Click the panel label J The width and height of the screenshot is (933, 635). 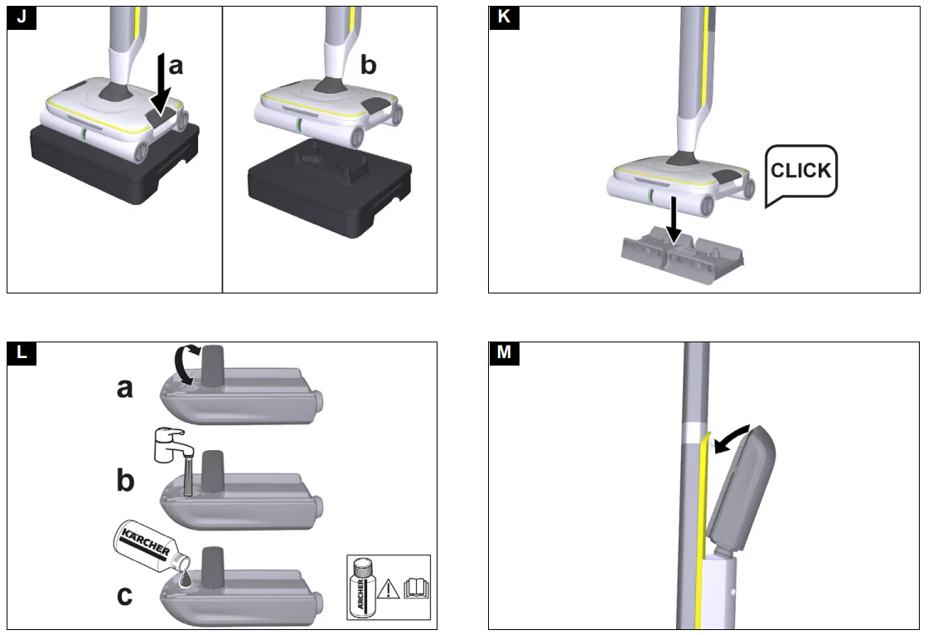[21, 18]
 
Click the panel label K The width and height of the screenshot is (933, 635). [502, 18]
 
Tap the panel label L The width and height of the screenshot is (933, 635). [21, 353]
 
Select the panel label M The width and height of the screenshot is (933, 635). [502, 353]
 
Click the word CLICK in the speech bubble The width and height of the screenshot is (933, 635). [800, 171]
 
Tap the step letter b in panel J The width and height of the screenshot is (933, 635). [368, 66]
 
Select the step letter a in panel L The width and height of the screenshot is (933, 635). [123, 386]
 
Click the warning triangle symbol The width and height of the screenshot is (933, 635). [388, 589]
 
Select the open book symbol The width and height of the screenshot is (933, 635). [414, 589]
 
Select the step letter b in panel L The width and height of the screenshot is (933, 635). [125, 480]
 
